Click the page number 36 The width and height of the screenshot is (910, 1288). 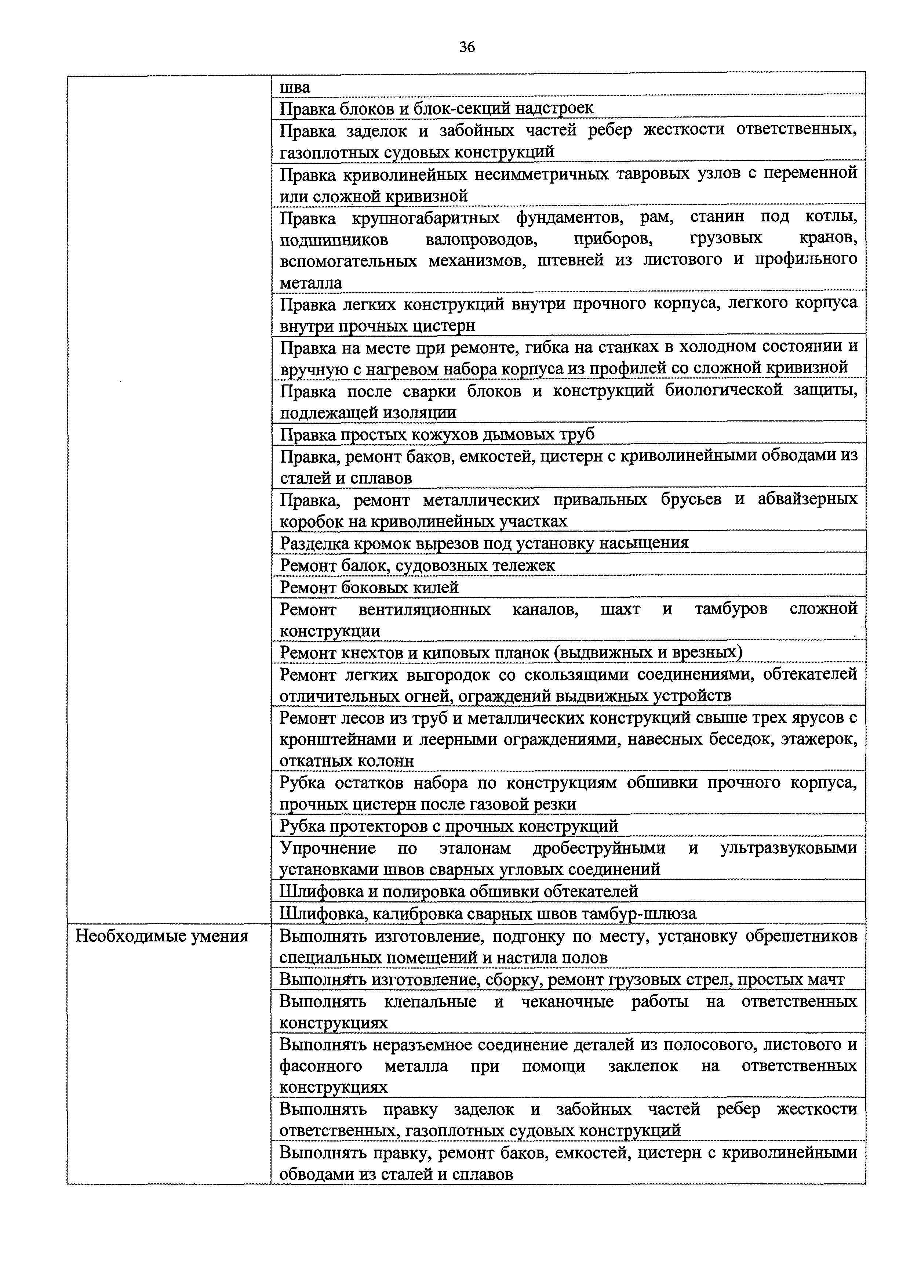point(466,47)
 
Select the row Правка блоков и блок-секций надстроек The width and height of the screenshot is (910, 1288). point(436,107)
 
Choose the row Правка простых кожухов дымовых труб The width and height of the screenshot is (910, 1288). point(437,434)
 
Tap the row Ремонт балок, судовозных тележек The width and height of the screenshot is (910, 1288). point(417,565)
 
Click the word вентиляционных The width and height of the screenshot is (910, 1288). point(425,609)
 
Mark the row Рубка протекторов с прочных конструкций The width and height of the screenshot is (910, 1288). point(448,826)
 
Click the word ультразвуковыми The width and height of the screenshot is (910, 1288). point(788,848)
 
